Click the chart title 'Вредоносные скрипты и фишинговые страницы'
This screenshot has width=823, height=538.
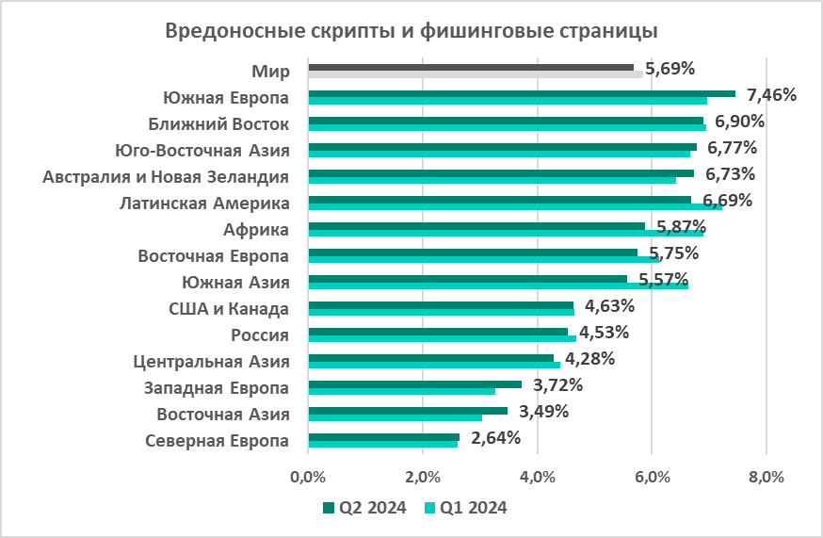(x=411, y=30)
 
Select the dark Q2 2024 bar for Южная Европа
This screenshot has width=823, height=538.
(x=521, y=93)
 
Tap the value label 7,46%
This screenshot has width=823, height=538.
(x=771, y=94)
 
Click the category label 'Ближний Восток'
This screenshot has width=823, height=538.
(x=218, y=123)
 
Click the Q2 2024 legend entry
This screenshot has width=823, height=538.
(x=364, y=508)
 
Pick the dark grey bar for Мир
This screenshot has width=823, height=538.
(x=471, y=67)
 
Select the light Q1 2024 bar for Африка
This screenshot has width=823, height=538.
(x=506, y=232)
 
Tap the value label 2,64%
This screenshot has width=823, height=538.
(x=495, y=437)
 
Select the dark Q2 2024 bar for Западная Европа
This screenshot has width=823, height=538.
(x=414, y=383)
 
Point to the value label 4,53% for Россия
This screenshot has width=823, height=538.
(x=604, y=332)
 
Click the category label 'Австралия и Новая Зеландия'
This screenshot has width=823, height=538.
(x=167, y=176)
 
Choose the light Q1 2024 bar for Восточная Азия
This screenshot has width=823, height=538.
(x=395, y=416)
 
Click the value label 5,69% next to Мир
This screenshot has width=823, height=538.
(x=670, y=68)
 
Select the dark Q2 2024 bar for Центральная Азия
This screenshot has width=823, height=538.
(x=430, y=357)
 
